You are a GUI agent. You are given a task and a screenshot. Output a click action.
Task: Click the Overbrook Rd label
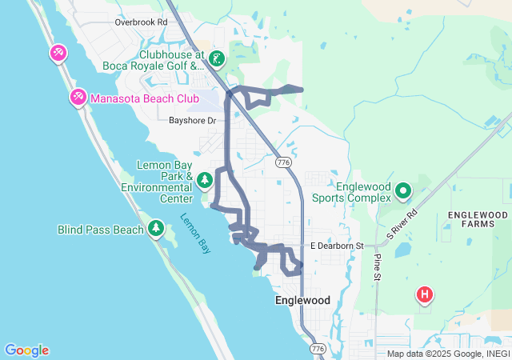141,22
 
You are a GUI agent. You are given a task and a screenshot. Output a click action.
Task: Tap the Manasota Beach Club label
145,98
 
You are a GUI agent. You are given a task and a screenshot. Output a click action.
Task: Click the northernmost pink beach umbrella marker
58,54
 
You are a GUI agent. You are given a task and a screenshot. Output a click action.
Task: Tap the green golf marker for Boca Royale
217,58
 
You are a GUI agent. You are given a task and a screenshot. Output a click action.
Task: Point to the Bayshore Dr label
193,121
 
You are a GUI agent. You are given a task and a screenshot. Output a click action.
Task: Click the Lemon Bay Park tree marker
205,179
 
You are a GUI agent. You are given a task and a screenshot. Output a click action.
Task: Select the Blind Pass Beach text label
101,230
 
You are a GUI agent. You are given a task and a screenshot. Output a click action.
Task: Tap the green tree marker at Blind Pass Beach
156,230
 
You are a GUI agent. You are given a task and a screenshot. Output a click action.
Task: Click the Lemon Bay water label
195,233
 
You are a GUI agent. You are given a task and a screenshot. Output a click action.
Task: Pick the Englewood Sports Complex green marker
403,191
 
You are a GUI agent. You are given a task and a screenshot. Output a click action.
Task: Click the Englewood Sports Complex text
363,192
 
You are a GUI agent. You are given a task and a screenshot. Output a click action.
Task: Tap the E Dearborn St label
337,246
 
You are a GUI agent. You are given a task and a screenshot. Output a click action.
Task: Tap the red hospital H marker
425,295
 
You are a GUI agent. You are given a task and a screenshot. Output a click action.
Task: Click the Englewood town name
302,300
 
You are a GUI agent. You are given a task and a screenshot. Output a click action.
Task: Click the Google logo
26,350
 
